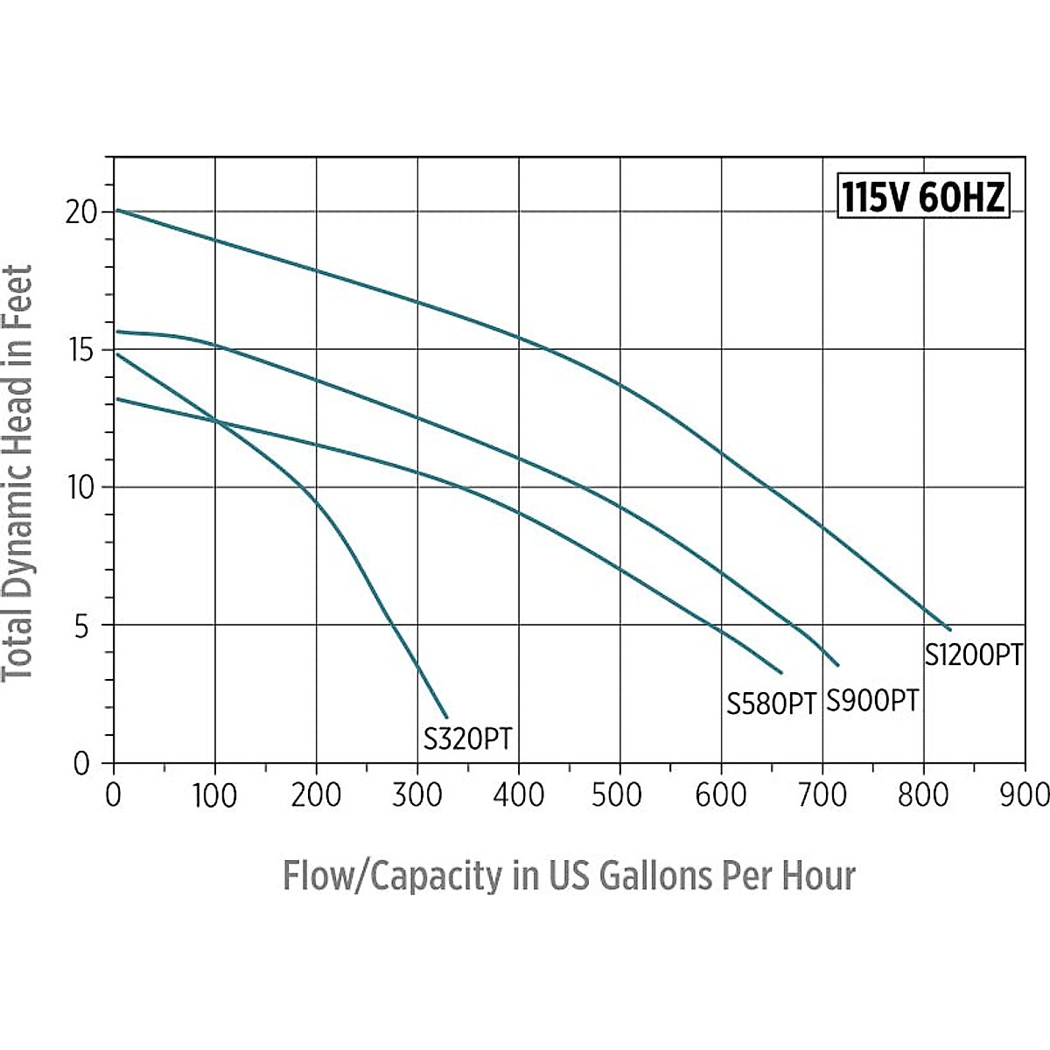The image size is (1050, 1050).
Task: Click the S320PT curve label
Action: click(467, 739)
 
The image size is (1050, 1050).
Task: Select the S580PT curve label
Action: click(771, 703)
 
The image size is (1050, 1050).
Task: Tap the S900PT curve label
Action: click(872, 700)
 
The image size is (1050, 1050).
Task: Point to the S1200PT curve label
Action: click(973, 654)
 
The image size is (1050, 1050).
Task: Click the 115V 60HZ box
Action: click(922, 198)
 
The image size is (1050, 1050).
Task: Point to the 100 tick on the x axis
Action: click(214, 795)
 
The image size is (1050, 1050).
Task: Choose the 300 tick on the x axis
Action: click(417, 795)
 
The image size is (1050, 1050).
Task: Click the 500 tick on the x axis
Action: click(619, 795)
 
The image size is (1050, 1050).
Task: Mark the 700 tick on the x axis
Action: click(822, 795)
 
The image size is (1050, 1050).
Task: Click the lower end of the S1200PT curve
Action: click(948, 628)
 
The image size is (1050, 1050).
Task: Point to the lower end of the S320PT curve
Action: click(446, 717)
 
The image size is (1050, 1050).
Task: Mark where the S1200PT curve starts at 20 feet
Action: click(117, 210)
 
